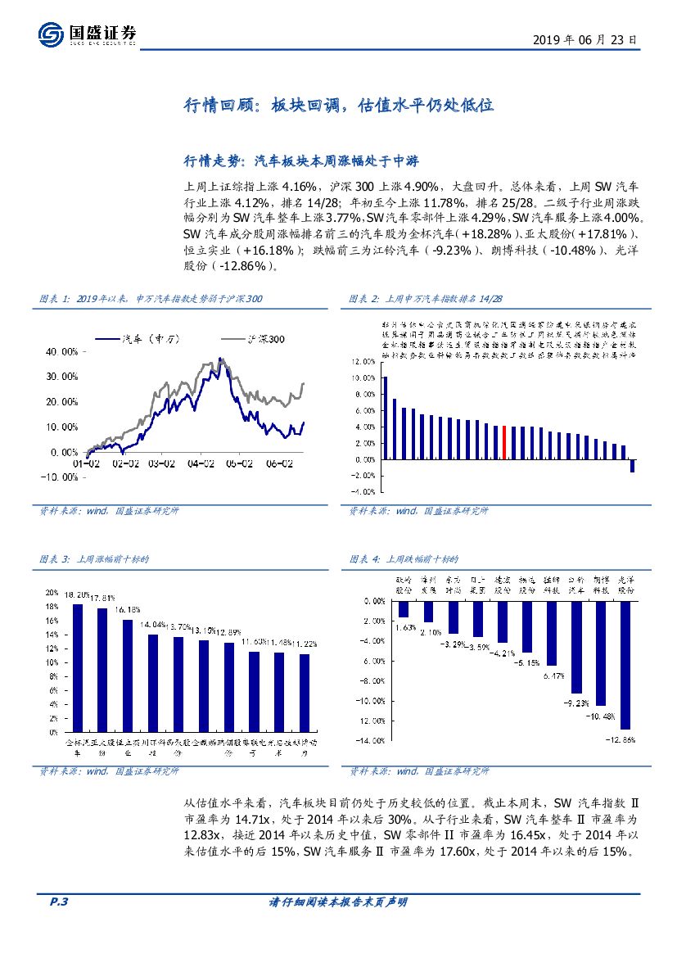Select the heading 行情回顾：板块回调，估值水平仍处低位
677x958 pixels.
click(x=338, y=106)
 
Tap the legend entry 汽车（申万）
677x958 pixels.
click(x=137, y=338)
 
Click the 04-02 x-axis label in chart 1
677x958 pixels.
click(x=200, y=464)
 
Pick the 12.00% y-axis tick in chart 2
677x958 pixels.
click(x=363, y=361)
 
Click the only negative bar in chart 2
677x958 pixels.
click(x=633, y=466)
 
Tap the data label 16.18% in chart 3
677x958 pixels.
click(x=128, y=610)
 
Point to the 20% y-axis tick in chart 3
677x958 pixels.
click(x=51, y=592)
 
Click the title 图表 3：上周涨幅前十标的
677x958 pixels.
click(x=94, y=559)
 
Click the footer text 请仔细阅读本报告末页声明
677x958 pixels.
click(x=338, y=902)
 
